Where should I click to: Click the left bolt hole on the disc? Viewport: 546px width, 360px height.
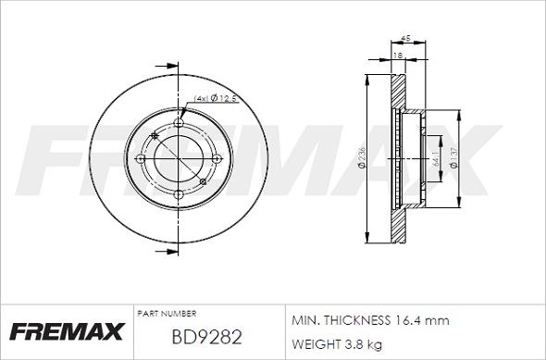(142, 159)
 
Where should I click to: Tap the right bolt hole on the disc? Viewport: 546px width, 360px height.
(215, 159)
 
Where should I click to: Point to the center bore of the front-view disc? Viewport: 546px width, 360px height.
(178, 159)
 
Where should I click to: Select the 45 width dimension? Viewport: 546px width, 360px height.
(404, 38)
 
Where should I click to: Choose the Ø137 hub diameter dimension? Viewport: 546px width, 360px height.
(453, 159)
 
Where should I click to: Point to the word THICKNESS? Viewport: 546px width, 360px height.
(355, 320)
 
